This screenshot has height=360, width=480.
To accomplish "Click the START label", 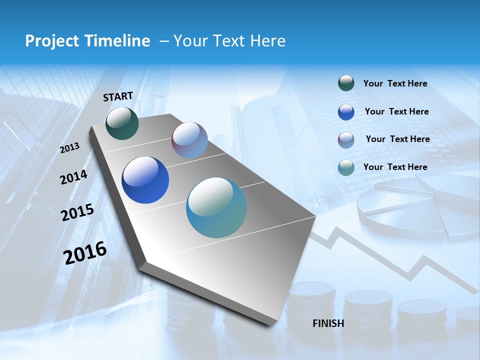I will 118,96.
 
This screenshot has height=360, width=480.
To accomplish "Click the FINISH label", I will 328,323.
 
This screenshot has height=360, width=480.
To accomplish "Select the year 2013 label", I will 70,148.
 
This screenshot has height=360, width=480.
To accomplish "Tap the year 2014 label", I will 73,177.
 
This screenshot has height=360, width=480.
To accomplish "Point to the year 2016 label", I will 85,252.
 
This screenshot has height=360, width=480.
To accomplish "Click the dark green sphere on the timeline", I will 122,123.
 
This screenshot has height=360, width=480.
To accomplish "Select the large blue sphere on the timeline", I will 145,180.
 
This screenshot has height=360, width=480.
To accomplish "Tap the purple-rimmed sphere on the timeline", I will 189,140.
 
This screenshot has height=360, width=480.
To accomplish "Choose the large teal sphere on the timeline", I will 216,207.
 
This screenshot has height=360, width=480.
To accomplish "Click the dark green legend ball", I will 346,83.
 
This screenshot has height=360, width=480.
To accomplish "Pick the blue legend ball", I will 346,112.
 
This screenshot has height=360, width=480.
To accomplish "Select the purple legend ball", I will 346,140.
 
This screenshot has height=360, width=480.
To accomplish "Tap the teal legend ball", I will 346,167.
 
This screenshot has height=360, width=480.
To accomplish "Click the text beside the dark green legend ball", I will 395,83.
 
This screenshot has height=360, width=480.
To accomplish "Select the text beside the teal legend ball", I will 395,167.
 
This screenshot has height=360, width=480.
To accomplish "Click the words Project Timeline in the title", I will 87,41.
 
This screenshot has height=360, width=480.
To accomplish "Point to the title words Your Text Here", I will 229,41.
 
